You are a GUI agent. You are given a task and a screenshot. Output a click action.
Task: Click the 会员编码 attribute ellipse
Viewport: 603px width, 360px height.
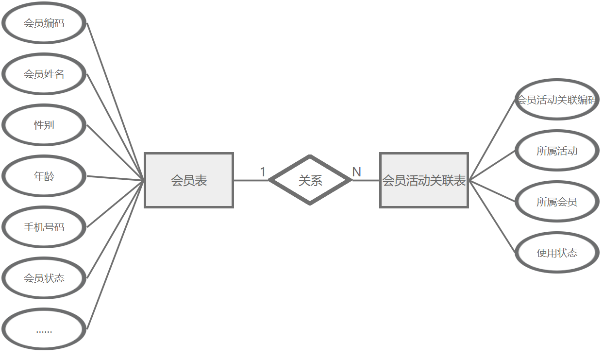[x=44, y=23]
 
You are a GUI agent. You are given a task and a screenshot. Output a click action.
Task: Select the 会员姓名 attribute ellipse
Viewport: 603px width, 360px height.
[x=44, y=74]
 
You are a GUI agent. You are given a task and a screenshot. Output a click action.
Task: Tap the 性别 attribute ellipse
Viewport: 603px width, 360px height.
[x=44, y=125]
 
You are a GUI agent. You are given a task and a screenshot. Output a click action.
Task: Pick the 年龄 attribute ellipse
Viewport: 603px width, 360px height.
[x=44, y=176]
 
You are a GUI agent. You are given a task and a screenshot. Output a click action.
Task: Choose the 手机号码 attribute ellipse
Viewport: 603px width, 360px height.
[x=44, y=227]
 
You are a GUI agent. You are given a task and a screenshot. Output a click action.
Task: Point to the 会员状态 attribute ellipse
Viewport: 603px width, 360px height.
[x=44, y=278]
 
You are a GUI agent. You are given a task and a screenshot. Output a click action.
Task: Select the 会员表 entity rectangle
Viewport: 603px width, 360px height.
[x=189, y=180]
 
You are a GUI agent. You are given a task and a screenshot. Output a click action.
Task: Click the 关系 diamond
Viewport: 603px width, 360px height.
[x=310, y=180]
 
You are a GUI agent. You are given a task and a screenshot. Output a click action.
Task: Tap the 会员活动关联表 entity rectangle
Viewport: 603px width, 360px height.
[x=424, y=180]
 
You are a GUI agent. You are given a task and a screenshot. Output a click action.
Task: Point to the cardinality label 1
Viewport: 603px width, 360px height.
[x=263, y=172]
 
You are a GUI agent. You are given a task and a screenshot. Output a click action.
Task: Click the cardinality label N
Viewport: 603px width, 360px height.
[x=356, y=172]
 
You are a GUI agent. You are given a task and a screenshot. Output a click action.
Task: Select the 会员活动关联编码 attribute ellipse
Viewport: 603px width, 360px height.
[x=556, y=100]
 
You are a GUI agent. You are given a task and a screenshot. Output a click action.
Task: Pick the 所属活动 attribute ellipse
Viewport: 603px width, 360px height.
[x=556, y=151]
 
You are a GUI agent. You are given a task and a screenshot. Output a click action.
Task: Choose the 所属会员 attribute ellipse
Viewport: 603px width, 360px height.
[x=556, y=202]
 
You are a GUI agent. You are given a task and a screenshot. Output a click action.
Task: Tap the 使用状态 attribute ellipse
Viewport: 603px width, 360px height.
[x=556, y=253]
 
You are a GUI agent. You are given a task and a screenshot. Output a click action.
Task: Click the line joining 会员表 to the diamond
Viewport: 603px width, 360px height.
[x=251, y=180]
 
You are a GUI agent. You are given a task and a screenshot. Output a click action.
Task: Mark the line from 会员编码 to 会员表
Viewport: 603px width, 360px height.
[x=116, y=101]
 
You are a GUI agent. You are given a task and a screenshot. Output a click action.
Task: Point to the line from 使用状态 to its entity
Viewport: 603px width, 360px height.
[x=492, y=216]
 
